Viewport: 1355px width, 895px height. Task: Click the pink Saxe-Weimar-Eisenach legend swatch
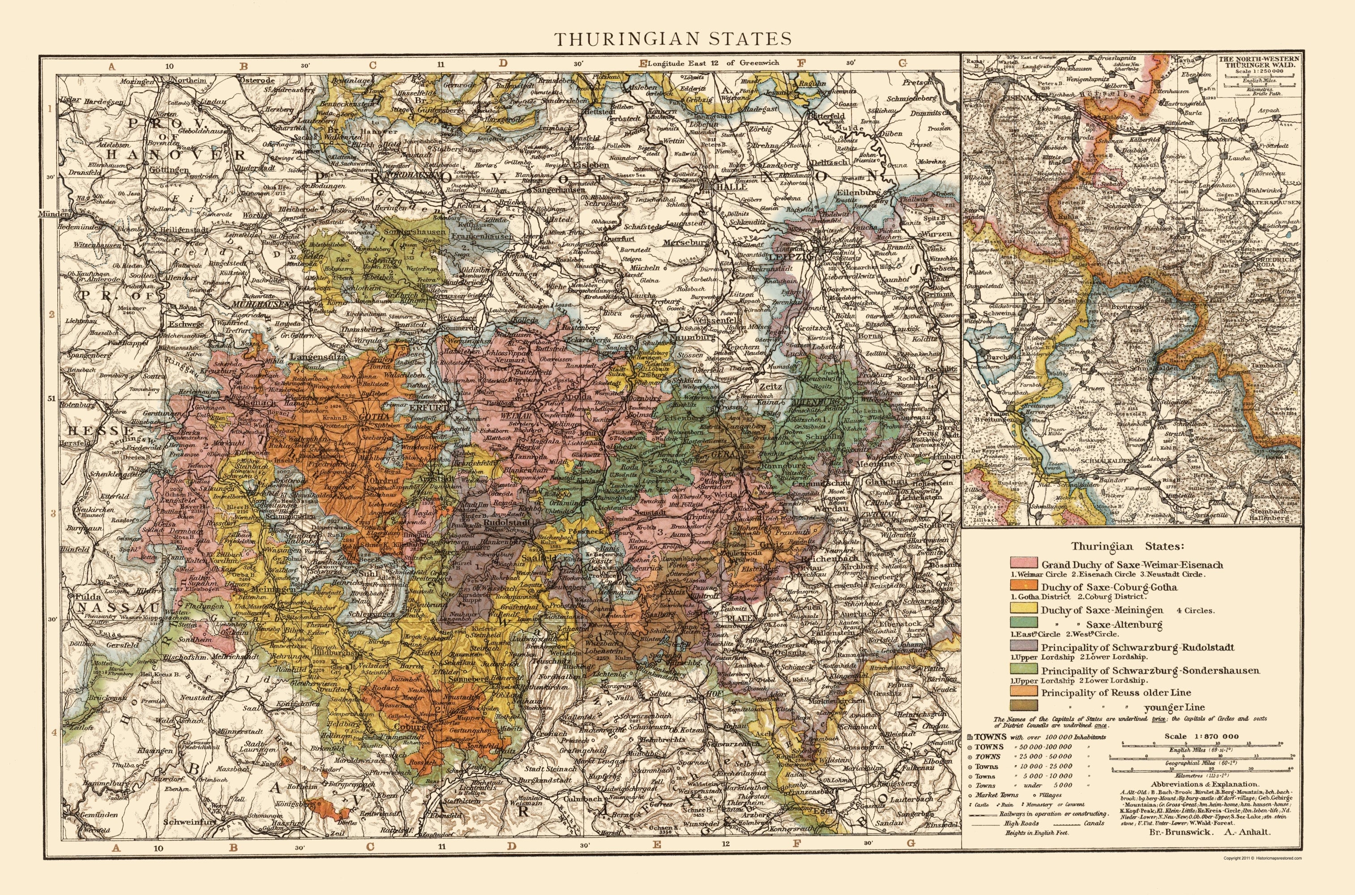coord(1024,564)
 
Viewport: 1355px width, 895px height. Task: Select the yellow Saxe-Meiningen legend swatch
coord(1024,609)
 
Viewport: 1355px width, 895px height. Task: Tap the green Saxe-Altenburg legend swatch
coord(1024,623)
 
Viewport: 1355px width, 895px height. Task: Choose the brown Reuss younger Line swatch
coord(1024,706)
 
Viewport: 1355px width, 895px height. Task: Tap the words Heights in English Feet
coord(1036,832)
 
